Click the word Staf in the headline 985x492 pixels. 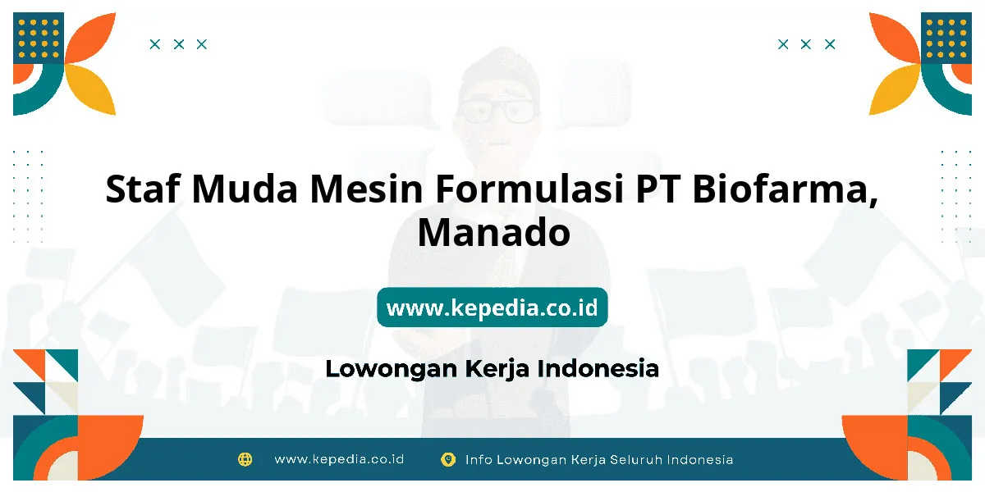point(143,189)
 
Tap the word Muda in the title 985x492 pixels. point(245,189)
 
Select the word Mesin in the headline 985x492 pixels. point(366,189)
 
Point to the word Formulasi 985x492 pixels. point(529,189)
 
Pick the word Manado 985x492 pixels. point(494,232)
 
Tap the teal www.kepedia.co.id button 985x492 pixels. point(492,307)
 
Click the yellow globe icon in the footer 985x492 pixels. point(245,459)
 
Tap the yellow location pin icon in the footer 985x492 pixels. point(448,460)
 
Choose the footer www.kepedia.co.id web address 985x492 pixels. point(339,459)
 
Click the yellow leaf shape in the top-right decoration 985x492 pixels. point(894,90)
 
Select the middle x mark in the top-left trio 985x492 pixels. point(179,44)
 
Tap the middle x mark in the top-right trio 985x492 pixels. point(805,44)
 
